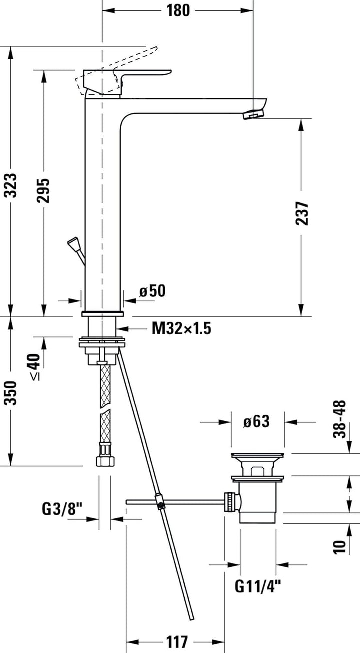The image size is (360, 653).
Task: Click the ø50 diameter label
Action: pos(152,291)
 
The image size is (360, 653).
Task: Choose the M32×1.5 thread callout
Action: pos(181,328)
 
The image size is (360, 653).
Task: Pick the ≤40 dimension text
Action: pos(34,367)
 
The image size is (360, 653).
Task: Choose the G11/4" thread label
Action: pos(258,585)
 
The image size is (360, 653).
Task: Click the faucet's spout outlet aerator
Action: pos(252,115)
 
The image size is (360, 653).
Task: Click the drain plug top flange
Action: pos(258,456)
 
